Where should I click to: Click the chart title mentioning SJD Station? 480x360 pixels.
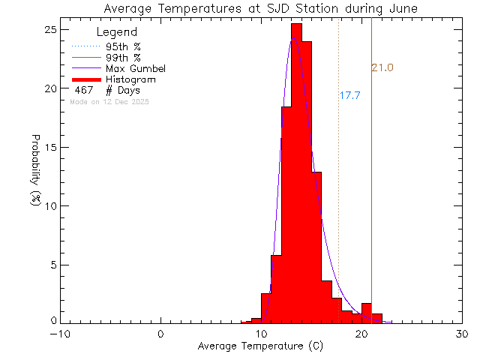click(x=261, y=8)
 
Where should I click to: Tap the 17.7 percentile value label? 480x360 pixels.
click(x=350, y=96)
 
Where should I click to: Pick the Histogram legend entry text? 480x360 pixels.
click(x=130, y=79)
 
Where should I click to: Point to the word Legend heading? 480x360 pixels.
click(x=117, y=32)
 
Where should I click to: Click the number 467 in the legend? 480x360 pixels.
click(x=84, y=90)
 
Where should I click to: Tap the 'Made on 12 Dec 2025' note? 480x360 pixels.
click(x=109, y=101)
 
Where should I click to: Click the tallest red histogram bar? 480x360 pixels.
click(x=296, y=172)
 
